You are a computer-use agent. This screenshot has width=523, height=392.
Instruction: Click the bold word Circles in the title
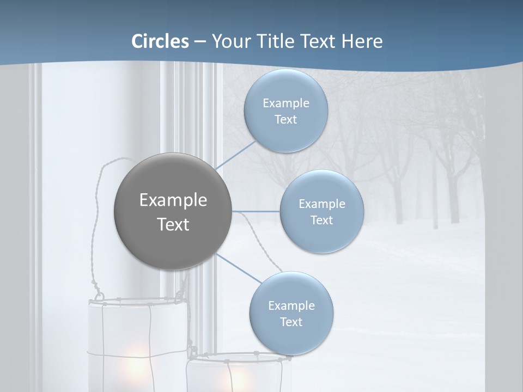[x=160, y=41]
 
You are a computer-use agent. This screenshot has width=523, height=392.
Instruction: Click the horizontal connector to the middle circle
[x=256, y=211]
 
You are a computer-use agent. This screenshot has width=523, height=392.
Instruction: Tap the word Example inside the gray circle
[x=173, y=200]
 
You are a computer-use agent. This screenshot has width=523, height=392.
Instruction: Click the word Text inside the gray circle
[x=173, y=224]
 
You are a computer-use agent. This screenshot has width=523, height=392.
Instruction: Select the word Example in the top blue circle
[x=286, y=103]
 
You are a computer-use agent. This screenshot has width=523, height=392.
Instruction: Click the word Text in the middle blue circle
[x=322, y=220]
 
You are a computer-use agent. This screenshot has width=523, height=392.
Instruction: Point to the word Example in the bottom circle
[x=291, y=306]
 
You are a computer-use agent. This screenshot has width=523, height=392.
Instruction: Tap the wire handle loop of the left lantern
[x=104, y=218]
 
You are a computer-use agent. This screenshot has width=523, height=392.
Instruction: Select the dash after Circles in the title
[x=199, y=42]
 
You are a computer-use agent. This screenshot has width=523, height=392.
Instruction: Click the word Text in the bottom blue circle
[x=291, y=322]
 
